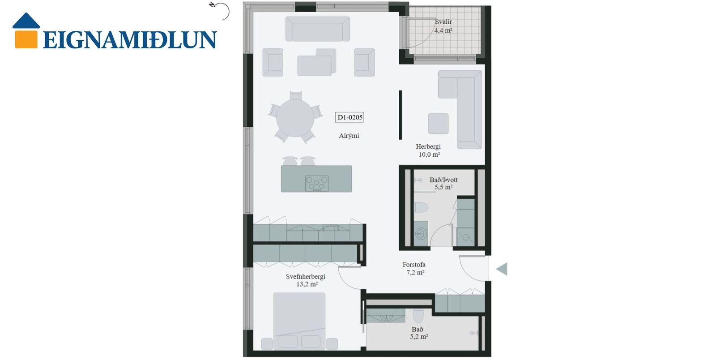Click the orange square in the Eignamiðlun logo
click(26, 39)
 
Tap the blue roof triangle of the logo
click(26, 21)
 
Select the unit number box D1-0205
click(349, 117)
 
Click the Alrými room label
click(349, 136)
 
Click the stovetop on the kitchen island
click(316, 184)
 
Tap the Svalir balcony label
click(443, 22)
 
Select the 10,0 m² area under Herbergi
click(429, 154)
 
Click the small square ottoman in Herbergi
click(438, 124)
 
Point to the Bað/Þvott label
click(443, 180)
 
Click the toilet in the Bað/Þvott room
click(421, 207)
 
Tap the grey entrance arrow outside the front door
click(502, 269)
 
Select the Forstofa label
click(414, 265)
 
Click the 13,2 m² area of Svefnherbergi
click(307, 284)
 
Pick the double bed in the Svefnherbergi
click(299, 321)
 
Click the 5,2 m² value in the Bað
click(419, 337)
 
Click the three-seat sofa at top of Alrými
click(317, 29)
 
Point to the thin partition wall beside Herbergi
click(400, 115)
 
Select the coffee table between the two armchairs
click(315, 66)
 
